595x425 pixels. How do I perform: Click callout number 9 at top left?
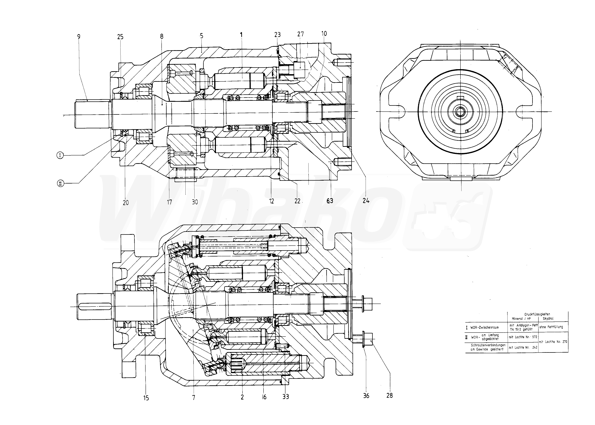(x=79, y=37)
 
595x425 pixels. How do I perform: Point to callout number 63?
(x=330, y=201)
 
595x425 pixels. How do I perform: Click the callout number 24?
(x=366, y=201)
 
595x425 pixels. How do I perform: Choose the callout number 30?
(x=195, y=202)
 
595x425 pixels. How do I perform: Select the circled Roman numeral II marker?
(x=60, y=184)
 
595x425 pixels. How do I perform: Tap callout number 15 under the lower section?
(x=146, y=398)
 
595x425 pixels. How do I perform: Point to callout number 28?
(x=389, y=396)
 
